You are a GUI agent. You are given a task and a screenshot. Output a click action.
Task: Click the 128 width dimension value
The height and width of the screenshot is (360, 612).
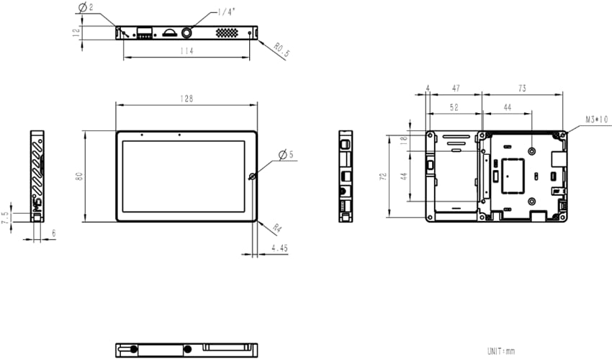[x=186, y=99]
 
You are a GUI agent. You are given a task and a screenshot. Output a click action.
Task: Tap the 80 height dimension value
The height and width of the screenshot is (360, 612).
[x=78, y=175]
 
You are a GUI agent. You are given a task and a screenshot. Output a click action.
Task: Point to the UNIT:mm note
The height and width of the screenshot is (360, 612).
[x=501, y=351]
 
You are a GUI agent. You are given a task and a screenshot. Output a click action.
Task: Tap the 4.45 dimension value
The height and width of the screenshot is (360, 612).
[x=280, y=248]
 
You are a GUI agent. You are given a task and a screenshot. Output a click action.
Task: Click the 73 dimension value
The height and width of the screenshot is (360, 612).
[x=521, y=88]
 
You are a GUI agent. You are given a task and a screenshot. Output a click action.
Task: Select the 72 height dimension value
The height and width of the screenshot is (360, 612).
[x=383, y=175]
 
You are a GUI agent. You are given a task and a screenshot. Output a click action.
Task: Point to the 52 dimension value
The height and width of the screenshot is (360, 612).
[x=454, y=107]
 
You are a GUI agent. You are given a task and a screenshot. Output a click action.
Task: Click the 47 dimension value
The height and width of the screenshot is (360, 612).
[x=456, y=88]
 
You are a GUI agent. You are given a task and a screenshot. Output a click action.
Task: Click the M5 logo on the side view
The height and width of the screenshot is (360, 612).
[x=37, y=204]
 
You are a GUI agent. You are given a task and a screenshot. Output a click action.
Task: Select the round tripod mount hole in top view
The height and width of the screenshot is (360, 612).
[x=189, y=32]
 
